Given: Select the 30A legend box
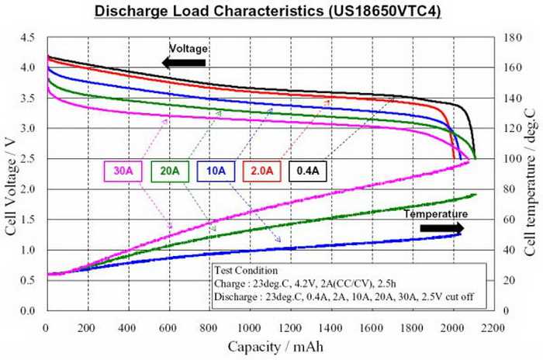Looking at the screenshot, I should pyautogui.click(x=122, y=171).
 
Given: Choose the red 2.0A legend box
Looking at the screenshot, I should pyautogui.click(x=261, y=171).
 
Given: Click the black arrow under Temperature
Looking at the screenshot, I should pyautogui.click(x=442, y=228).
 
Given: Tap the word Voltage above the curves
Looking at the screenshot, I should pyautogui.click(x=190, y=49).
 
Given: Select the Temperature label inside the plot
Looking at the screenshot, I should pyautogui.click(x=438, y=213).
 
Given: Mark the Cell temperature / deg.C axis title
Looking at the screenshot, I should pyautogui.click(x=529, y=174).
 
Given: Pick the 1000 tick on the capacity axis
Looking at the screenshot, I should pyautogui.click(x=250, y=327).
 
